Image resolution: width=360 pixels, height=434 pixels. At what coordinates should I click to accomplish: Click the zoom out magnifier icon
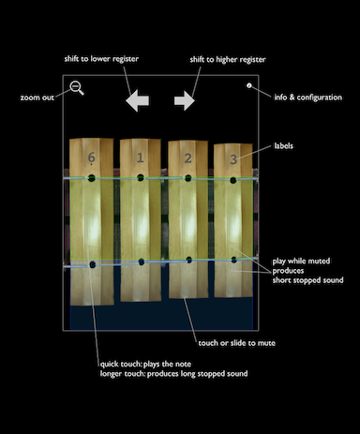click(x=76, y=87)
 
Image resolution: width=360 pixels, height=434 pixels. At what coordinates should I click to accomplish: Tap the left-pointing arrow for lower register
click(x=137, y=100)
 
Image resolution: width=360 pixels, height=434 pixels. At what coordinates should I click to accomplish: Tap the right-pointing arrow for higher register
click(x=185, y=100)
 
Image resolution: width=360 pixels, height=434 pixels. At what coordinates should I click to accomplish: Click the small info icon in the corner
click(x=249, y=85)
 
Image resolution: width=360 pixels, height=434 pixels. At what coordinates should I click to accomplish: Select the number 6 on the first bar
click(x=91, y=157)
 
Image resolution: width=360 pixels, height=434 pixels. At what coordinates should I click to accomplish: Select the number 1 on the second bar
click(x=141, y=157)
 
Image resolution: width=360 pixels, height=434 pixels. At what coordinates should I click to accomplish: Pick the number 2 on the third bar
click(x=187, y=158)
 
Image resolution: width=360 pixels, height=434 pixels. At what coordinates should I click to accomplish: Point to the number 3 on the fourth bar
click(x=233, y=159)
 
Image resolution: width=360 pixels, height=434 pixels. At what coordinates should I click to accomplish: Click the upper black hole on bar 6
click(x=91, y=178)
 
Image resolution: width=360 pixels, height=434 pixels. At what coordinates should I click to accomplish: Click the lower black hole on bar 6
click(x=93, y=265)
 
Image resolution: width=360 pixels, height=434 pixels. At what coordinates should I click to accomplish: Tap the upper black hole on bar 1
click(x=141, y=177)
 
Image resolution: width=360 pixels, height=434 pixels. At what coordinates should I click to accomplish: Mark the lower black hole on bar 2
click(x=188, y=260)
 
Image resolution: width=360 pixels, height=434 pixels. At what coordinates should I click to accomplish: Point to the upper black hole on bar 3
click(x=233, y=180)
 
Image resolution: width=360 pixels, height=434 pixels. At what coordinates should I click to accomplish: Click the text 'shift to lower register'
click(x=101, y=59)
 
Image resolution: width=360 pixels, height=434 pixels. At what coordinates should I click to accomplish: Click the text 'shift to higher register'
click(x=228, y=59)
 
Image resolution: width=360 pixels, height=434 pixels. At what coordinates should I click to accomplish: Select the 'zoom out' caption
click(x=37, y=97)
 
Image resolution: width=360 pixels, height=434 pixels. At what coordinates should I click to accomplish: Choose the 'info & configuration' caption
click(x=308, y=97)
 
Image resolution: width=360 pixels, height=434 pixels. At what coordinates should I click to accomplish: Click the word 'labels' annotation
click(x=284, y=145)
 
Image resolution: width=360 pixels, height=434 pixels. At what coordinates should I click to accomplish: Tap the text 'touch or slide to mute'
click(x=237, y=343)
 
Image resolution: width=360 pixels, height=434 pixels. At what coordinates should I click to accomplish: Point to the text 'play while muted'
click(x=301, y=262)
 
